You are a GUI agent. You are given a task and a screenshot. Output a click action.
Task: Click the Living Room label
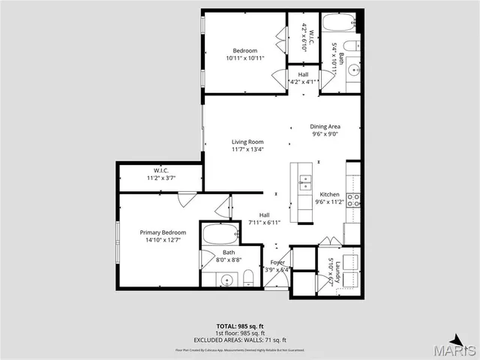tap(247, 141)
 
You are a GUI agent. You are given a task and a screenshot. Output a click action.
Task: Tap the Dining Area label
tap(325, 127)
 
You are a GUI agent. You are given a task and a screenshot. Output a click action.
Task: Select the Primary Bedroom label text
tap(161, 232)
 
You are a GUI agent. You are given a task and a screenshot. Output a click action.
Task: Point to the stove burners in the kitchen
tap(352, 200)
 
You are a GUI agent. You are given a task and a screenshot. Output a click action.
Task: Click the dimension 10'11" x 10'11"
tap(244, 58)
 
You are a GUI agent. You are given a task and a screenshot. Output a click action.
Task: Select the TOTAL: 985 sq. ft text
tap(240, 325)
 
